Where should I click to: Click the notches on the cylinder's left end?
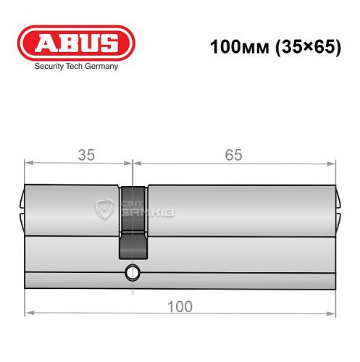click(22, 204)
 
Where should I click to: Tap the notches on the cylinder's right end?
click(339, 204)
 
